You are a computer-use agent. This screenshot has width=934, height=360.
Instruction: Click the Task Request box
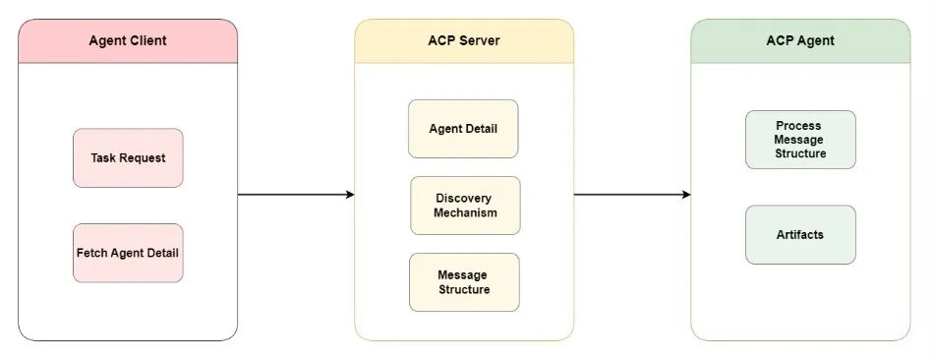click(128, 157)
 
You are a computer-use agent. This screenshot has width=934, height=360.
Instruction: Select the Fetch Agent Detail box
click(128, 253)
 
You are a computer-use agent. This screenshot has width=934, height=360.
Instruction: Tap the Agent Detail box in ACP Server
click(463, 129)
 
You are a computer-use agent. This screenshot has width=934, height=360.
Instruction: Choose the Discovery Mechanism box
click(465, 206)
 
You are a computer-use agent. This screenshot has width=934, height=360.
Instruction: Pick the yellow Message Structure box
click(463, 282)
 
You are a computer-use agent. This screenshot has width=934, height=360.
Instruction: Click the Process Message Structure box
click(799, 140)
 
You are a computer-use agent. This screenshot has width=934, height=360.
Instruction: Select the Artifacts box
click(799, 235)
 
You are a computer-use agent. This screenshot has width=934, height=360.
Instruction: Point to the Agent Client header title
click(128, 41)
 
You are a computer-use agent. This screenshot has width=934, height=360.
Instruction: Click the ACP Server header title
click(464, 41)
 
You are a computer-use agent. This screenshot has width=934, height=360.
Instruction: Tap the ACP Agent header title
click(799, 41)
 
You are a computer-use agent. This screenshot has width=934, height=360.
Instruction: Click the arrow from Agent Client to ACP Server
click(295, 195)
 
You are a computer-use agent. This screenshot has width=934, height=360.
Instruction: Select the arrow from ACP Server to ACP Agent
click(631, 195)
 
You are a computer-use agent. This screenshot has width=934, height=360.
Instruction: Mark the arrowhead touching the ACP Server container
click(349, 195)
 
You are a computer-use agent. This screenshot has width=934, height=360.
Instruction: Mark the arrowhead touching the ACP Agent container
click(685, 195)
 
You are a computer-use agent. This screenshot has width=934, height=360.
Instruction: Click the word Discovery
click(465, 199)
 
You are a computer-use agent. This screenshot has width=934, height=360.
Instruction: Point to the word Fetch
click(93, 253)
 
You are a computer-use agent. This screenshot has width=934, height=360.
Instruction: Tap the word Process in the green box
click(798, 126)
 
